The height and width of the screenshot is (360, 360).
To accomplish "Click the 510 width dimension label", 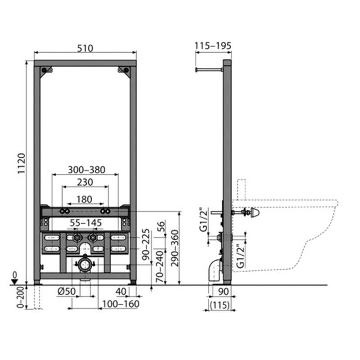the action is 85,49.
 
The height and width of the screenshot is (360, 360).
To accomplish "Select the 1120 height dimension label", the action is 22,163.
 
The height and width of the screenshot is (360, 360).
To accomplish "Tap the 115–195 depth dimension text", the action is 213,46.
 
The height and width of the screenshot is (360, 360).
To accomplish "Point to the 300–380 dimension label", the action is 86,170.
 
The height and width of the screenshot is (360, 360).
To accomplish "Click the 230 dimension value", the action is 85,182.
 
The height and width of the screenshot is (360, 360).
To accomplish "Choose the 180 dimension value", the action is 85,199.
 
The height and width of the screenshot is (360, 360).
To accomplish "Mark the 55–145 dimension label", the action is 85,223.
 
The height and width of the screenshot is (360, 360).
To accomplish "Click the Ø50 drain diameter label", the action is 67,291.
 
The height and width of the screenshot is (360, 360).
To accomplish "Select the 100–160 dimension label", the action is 121,304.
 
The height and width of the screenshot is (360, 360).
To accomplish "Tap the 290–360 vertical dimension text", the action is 175,248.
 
